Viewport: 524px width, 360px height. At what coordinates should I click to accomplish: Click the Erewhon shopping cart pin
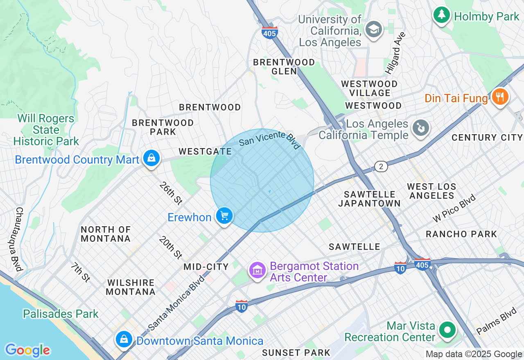(224, 216)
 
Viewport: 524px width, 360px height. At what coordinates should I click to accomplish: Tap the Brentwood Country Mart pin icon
(151, 158)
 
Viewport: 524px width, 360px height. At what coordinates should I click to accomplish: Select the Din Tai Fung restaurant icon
(499, 97)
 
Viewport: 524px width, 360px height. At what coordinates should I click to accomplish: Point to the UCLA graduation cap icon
(373, 29)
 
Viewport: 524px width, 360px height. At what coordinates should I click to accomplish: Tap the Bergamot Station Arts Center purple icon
(257, 270)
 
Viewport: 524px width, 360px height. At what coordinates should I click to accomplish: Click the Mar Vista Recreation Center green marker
(447, 330)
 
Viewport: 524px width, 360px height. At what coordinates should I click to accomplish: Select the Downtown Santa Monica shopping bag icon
(123, 339)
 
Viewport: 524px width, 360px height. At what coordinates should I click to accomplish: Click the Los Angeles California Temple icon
(420, 128)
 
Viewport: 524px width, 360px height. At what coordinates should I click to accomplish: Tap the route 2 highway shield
(381, 166)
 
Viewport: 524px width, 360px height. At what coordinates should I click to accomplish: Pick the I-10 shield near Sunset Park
(242, 306)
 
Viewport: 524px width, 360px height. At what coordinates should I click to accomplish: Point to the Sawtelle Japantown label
(369, 199)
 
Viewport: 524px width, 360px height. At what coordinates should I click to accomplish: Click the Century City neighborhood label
(487, 137)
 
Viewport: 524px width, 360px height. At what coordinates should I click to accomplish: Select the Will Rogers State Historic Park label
(46, 130)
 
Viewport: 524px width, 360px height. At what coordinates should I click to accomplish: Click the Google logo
(28, 350)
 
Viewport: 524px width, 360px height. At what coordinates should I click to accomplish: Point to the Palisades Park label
(61, 314)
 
